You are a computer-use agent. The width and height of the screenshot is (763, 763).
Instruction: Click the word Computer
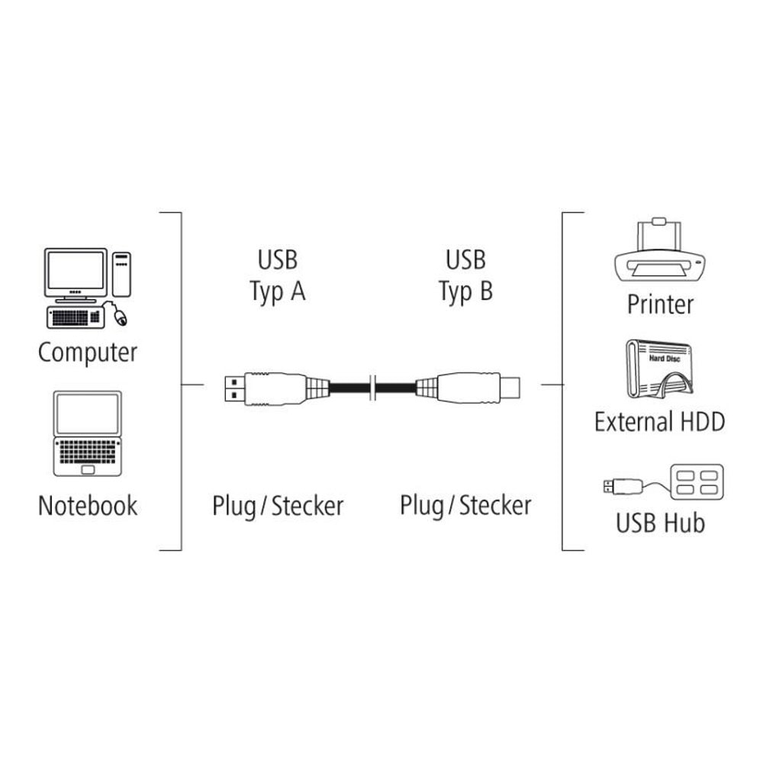(88, 353)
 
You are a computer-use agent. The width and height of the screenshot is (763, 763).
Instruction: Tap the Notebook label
(88, 506)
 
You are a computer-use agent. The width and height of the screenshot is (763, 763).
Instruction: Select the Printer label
(660, 304)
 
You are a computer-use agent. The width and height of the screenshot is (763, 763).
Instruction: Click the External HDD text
(659, 421)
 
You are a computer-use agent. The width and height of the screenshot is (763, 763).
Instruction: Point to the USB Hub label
(660, 523)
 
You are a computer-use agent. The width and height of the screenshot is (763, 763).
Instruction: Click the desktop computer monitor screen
(76, 271)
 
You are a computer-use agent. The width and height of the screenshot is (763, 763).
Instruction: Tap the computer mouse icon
(120, 317)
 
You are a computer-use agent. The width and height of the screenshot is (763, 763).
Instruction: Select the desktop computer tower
(121, 274)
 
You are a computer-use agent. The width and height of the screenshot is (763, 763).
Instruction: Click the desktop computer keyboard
(76, 317)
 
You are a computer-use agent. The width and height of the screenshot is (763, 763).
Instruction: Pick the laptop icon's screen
(88, 414)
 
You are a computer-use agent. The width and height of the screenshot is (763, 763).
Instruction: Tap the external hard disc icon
(659, 369)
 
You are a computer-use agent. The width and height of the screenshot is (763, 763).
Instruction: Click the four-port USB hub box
(697, 481)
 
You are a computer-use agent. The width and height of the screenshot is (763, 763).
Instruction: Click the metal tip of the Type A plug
(234, 388)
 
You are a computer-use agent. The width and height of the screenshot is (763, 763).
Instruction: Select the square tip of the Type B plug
(510, 388)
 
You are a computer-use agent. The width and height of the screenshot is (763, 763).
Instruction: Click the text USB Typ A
(278, 276)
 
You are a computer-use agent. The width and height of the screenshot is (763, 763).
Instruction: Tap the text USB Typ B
(465, 276)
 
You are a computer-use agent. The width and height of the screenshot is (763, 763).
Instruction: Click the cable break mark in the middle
(373, 388)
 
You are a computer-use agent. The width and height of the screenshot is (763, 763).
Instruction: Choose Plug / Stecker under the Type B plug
(465, 506)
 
